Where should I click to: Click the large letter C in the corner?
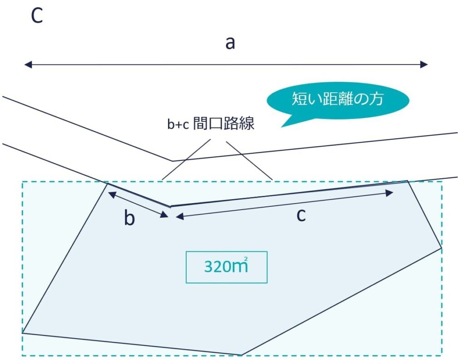(x=37, y=16)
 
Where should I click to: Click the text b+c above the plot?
(x=178, y=125)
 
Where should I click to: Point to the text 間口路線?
(x=224, y=124)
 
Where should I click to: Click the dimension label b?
(x=129, y=219)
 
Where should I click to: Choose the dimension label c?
(x=301, y=215)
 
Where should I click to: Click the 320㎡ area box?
(x=226, y=267)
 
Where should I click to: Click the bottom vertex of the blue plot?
(x=241, y=355)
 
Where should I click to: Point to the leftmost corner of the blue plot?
(x=22, y=333)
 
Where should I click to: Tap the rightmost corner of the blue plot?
(x=441, y=248)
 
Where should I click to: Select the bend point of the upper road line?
(x=173, y=160)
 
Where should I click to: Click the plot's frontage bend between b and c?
(x=170, y=206)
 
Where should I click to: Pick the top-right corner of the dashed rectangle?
(x=442, y=182)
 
